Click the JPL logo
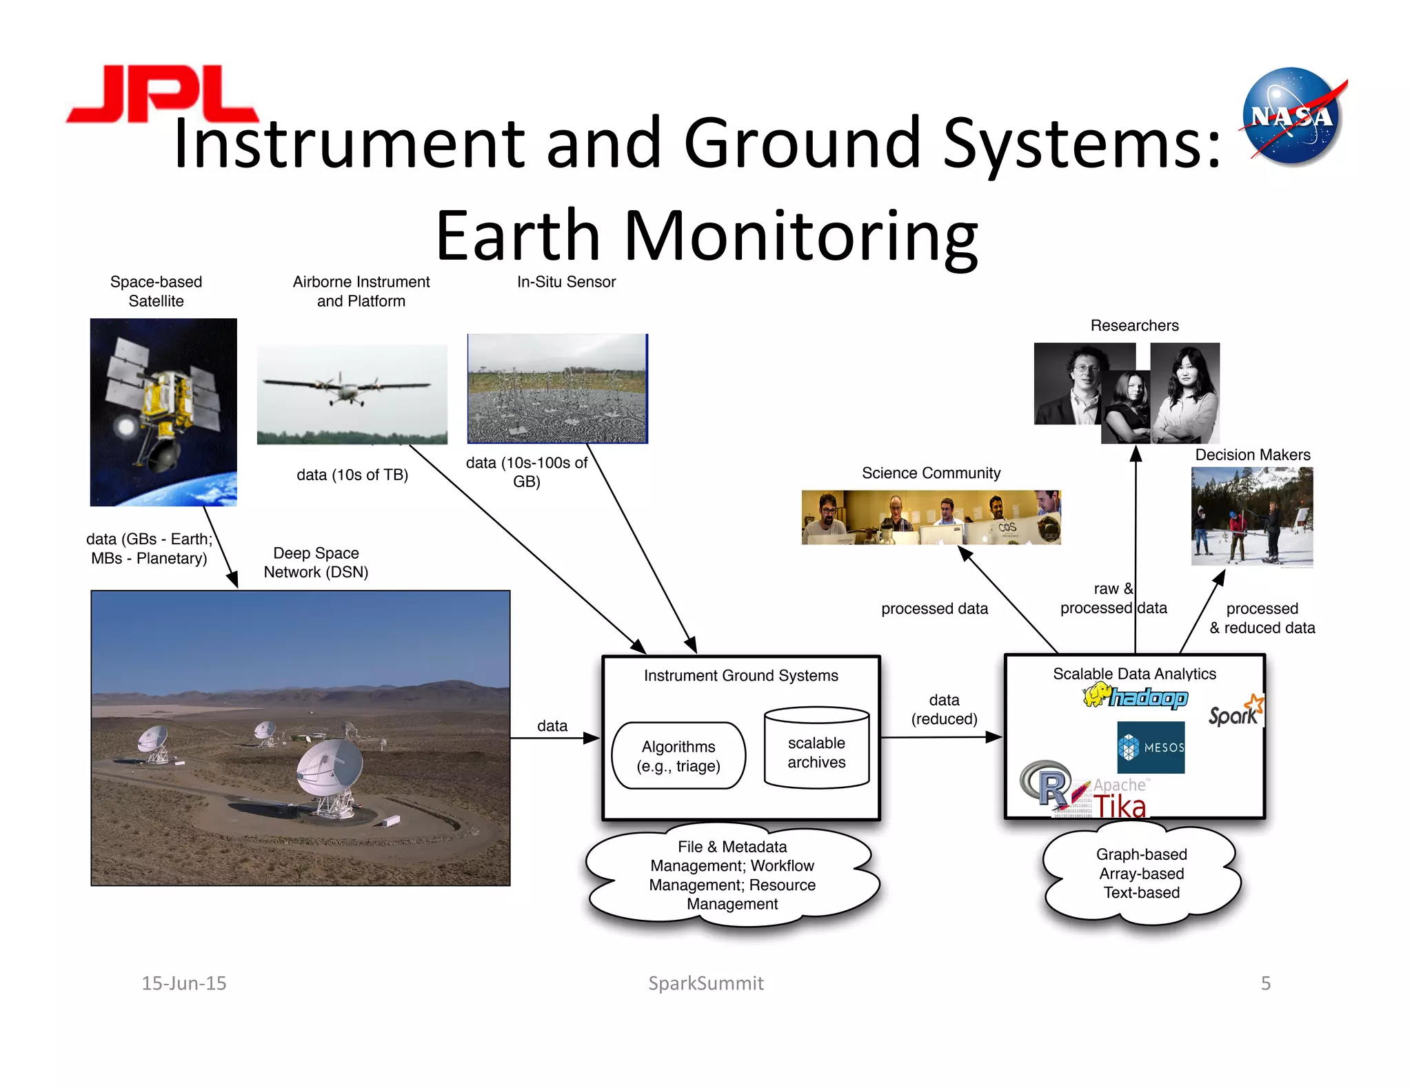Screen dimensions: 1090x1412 tap(162, 94)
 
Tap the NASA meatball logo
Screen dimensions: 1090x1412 tap(1291, 116)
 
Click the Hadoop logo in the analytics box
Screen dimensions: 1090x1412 tap(1136, 697)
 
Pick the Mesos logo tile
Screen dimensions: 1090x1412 tap(1150, 747)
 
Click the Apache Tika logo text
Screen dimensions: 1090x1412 tap(1120, 799)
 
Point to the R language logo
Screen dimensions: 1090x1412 tap(1046, 785)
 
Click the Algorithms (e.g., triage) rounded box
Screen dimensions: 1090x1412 tap(678, 756)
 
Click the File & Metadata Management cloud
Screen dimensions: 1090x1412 tap(732, 875)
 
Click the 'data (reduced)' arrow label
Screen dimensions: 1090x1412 tap(944, 710)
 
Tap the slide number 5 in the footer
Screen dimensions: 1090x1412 tap(1265, 983)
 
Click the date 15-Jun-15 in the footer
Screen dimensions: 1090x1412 tap(184, 983)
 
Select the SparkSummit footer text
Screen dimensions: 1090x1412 tap(705, 983)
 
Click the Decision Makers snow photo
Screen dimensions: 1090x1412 tap(1251, 517)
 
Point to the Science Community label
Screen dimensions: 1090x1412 tap(931, 473)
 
